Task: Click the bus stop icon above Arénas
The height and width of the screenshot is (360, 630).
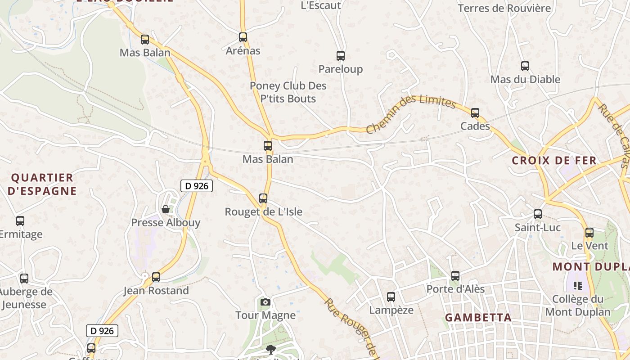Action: coord(243,37)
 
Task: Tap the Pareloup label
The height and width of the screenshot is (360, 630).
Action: coord(340,69)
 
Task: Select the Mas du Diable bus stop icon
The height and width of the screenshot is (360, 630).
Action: coord(525,66)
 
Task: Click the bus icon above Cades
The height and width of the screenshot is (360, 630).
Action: coord(475,113)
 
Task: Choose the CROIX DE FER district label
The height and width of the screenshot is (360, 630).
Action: coord(560,161)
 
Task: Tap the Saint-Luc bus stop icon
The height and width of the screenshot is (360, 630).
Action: coord(538,214)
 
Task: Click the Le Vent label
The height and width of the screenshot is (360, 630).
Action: coord(589,246)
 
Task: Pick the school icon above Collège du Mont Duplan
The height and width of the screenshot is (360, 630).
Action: coord(578,285)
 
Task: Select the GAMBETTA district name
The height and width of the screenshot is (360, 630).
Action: coord(478,318)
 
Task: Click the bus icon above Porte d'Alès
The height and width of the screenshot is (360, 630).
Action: coord(455,275)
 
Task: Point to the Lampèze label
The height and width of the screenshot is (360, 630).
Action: coord(391,310)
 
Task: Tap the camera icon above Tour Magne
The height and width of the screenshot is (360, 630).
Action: coord(265,302)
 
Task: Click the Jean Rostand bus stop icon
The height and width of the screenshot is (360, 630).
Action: coord(156,277)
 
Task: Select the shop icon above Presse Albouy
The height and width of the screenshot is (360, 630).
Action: coord(166,209)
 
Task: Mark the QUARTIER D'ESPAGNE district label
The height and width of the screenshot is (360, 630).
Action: coord(42,184)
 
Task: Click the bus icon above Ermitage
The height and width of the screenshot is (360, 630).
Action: coord(20,221)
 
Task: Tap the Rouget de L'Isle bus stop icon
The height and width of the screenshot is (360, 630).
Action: coord(263,198)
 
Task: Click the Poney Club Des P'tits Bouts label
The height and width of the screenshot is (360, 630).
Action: coord(288,92)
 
